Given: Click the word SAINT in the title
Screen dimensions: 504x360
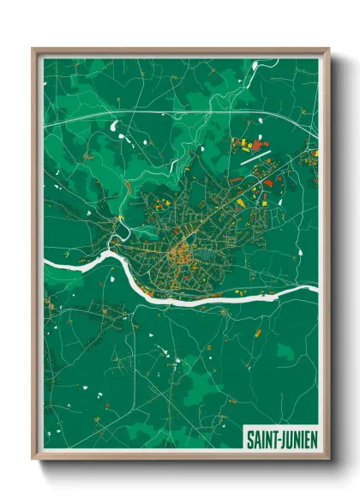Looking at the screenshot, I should click(261, 440).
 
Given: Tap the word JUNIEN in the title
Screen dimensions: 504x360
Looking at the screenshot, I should click(297, 440).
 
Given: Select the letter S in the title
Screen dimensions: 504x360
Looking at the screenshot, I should click(250, 440).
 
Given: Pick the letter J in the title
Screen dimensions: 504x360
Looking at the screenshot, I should click(282, 440).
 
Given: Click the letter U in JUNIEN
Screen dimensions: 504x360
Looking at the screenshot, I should click(288, 440).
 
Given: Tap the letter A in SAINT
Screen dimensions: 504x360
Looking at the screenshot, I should click(256, 440).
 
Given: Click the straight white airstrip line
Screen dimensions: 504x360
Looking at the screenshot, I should click(255, 156).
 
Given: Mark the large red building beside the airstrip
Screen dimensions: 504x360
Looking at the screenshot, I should click(268, 183).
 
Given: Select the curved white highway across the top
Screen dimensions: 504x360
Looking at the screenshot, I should click(171, 114).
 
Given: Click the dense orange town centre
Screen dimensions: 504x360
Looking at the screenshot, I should click(181, 253).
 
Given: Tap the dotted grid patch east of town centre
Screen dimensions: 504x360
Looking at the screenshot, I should click(211, 255).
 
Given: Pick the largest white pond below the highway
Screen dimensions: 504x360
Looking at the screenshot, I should click(113, 127).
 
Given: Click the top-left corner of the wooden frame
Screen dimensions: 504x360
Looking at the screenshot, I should click(34, 50).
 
